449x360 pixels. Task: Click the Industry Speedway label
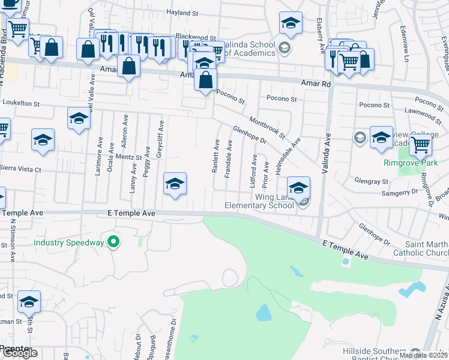68,243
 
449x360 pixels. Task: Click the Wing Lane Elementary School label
259,201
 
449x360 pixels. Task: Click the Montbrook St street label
268,128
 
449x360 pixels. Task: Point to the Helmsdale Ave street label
288,155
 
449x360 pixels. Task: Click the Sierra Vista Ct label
20,170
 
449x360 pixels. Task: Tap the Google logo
19,353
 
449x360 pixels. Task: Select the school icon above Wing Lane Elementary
298,187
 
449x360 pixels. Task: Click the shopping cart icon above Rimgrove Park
420,145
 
